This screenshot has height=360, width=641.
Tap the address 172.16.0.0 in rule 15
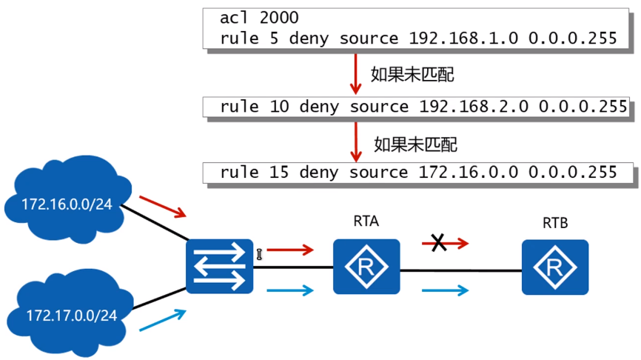click(x=469, y=173)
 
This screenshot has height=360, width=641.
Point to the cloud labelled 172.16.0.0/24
click(x=65, y=197)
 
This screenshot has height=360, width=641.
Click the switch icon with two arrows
click(x=220, y=266)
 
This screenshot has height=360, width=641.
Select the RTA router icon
click(x=366, y=266)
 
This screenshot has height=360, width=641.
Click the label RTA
click(x=366, y=221)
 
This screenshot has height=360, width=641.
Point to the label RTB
click(x=555, y=222)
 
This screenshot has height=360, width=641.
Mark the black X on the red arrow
click(x=439, y=242)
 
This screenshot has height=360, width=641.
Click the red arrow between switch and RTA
click(x=291, y=250)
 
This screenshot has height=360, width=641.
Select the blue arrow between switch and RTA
click(x=291, y=290)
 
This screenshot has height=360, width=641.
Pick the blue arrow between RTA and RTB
click(x=445, y=290)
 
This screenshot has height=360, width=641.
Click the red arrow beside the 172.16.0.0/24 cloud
click(x=163, y=207)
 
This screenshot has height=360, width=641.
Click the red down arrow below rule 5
click(x=356, y=75)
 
